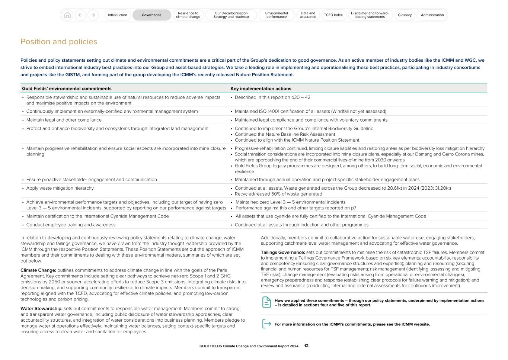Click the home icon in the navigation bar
[x=67, y=15]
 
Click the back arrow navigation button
[x=80, y=15]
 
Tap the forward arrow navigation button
[x=93, y=15]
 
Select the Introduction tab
[x=118, y=15]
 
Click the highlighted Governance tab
[x=151, y=15]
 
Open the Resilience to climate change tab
[x=188, y=15]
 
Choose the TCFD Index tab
[x=333, y=15]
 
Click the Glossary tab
[x=405, y=15]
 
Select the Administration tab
[x=432, y=15]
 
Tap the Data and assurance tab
[x=308, y=15]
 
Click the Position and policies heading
[x=59, y=42]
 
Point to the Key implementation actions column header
[x=261, y=89]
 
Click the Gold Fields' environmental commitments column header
[x=67, y=89]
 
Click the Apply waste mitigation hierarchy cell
[x=60, y=188]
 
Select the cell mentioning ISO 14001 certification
[x=310, y=111]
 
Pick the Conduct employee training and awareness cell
[x=71, y=225]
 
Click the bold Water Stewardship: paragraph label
[x=41, y=308]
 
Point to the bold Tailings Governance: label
[x=282, y=252]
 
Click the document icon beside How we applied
[x=266, y=302]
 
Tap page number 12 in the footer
[x=306, y=346]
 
